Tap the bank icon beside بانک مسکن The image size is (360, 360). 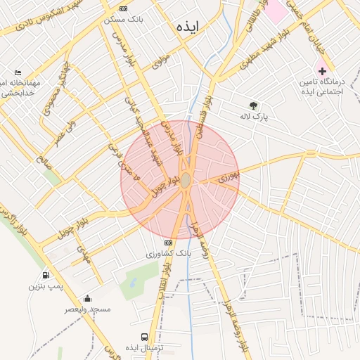tap(124, 8)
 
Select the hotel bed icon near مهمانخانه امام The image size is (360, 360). tap(18, 72)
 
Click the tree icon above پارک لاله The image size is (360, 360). tap(253, 105)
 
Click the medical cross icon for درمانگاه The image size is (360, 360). tap(322, 71)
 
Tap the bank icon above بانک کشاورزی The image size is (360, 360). tap(167, 243)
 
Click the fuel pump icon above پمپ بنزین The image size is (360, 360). tap(46, 276)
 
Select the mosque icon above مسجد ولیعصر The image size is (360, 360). tap(87, 298)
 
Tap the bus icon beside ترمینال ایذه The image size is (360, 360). tap(145, 337)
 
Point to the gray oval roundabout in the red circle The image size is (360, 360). tap(185, 181)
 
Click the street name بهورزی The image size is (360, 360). tap(229, 174)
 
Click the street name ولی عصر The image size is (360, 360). tap(63, 129)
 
